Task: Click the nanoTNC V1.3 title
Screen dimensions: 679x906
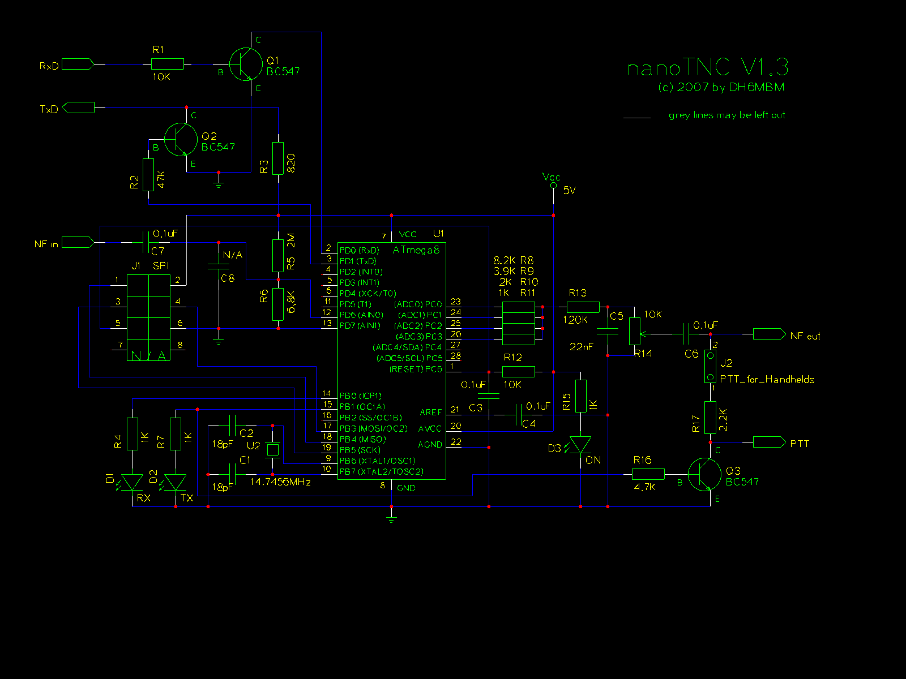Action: pos(708,68)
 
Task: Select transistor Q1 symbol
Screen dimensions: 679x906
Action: pos(246,65)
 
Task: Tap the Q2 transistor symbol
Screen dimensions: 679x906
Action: pos(181,139)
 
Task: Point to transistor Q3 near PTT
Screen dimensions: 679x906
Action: pos(704,474)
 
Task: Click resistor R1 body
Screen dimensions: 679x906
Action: pos(168,65)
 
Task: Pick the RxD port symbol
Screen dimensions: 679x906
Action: pos(78,65)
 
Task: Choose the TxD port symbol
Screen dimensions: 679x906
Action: pos(78,108)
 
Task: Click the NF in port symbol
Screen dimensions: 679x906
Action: pos(78,242)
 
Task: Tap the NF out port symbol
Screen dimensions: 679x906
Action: pos(769,334)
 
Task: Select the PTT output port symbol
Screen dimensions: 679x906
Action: pos(769,442)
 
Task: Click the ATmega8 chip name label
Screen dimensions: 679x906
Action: pos(416,250)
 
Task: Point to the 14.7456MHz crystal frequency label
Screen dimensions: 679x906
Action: pos(280,482)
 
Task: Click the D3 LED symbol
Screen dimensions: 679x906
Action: pos(580,445)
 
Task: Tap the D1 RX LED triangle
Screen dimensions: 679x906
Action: pos(132,482)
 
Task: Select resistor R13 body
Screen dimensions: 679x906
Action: pos(583,307)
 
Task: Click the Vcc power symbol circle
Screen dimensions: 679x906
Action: pos(553,185)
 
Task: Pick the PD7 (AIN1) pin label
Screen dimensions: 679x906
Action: pos(360,325)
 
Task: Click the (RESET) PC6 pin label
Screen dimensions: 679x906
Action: pos(416,369)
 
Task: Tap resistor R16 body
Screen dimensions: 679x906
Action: pos(648,474)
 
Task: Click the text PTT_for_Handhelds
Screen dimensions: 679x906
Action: pos(767,379)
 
